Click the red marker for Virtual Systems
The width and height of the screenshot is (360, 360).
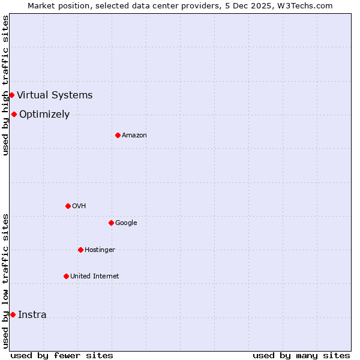[11, 95]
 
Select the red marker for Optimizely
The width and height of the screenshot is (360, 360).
[14, 114]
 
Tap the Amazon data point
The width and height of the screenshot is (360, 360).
[118, 135]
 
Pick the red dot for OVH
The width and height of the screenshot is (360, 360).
[68, 206]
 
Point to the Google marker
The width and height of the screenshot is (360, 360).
[111, 223]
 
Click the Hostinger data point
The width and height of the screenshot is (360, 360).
[80, 250]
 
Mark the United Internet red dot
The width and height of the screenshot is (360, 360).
[66, 276]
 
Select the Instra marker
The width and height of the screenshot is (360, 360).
[13, 314]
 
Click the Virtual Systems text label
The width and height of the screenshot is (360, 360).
[55, 95]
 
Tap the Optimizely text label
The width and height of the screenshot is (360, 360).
[44, 114]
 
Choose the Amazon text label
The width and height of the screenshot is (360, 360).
[134, 135]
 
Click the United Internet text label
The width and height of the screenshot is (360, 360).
[95, 276]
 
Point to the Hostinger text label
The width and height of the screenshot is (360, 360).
[100, 250]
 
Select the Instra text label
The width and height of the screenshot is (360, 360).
[32, 314]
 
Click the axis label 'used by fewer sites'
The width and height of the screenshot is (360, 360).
[62, 355]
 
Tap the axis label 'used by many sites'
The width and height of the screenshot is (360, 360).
[301, 355]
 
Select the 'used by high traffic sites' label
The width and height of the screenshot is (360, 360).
[5, 85]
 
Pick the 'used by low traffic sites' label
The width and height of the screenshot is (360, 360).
[5, 280]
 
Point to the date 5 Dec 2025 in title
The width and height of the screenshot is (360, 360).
[251, 5]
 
